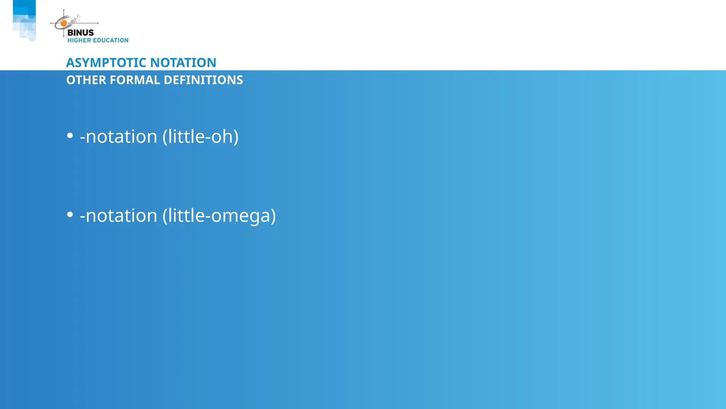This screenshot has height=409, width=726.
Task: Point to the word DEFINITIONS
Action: (x=203, y=80)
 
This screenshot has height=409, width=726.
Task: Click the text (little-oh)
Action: (x=200, y=137)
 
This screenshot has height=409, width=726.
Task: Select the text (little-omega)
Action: (x=219, y=216)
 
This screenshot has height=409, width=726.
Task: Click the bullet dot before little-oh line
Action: (x=70, y=136)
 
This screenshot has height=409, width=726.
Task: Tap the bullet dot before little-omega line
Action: (x=70, y=214)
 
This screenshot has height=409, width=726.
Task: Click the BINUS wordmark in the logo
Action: (x=80, y=33)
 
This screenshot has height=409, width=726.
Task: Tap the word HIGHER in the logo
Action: (x=79, y=40)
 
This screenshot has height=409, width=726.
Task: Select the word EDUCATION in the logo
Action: (x=111, y=40)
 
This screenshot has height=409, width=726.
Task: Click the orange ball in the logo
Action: (x=64, y=23)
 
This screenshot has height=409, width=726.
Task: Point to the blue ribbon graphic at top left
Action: (x=24, y=20)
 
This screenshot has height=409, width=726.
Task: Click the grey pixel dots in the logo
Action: (x=75, y=20)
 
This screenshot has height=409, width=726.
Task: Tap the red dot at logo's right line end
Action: (x=97, y=23)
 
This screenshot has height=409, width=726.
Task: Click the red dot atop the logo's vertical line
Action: (x=64, y=10)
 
